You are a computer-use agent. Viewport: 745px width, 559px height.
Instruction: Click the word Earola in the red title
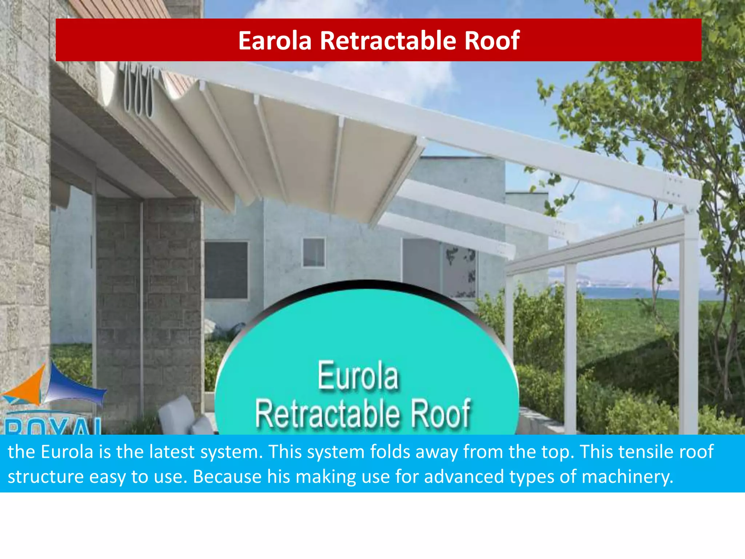point(275,40)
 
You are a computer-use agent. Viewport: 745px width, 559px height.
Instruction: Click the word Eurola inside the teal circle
point(358,376)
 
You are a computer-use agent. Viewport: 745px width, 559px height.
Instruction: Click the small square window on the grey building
point(314,252)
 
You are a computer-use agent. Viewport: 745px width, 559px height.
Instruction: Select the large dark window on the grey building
point(226,270)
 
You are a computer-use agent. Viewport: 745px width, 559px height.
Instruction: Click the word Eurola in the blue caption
point(67,452)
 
